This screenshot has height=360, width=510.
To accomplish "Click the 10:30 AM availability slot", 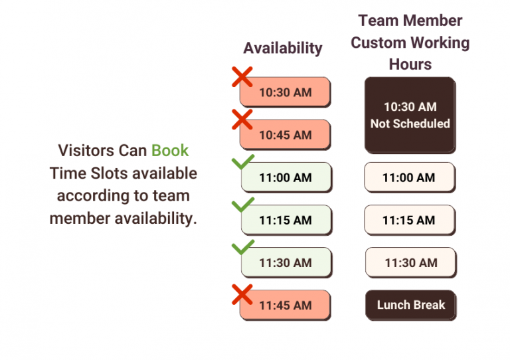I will pyautogui.click(x=285, y=92).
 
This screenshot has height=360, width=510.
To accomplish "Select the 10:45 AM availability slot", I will pyautogui.click(x=285, y=135).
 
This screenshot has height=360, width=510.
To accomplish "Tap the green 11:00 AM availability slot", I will pyautogui.click(x=285, y=177).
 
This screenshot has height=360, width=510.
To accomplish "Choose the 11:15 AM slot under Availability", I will pyautogui.click(x=285, y=220).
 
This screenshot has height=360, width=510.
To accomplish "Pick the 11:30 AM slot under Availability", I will pyautogui.click(x=285, y=262).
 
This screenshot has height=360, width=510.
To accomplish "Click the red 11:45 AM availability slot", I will pyautogui.click(x=285, y=306).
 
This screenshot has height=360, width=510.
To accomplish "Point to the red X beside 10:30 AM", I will pyautogui.click(x=242, y=76).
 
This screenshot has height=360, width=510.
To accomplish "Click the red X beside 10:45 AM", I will pyautogui.click(x=242, y=120).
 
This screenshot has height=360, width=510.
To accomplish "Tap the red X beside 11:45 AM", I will pyautogui.click(x=242, y=294).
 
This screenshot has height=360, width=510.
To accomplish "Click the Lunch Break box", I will pyautogui.click(x=411, y=306).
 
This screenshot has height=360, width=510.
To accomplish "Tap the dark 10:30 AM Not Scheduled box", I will pyautogui.click(x=410, y=115).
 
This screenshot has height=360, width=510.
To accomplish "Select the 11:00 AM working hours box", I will pyautogui.click(x=410, y=177).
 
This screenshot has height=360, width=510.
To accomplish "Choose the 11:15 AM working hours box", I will pyautogui.click(x=410, y=220).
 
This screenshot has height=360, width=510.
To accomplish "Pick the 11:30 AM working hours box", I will pyautogui.click(x=410, y=262).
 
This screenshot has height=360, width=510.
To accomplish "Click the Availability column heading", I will pyautogui.click(x=283, y=48).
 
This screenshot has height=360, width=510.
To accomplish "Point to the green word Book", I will pyautogui.click(x=171, y=150).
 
